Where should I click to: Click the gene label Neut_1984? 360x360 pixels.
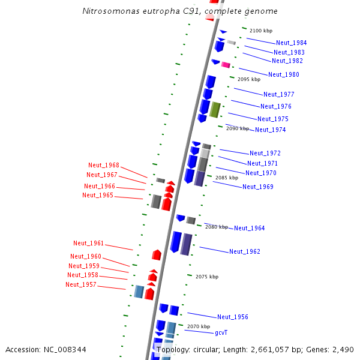coord(291,43)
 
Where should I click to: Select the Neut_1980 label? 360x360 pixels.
coord(283,74)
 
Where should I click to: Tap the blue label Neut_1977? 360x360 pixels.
coord(278,94)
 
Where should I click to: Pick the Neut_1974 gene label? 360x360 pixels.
coord(270,130)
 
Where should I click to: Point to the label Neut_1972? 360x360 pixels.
coord(265,153)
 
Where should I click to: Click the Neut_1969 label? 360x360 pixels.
coord(257,187)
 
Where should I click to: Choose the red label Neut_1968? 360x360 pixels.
coord(104,165)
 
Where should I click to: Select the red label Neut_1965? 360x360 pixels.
coord(98,195)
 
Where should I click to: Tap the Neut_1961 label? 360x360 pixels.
coord(89,243)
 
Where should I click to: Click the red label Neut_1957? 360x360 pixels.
coord(81,284)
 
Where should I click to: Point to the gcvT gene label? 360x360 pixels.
coord(221,332)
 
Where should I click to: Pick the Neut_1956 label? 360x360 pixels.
coord(232,317)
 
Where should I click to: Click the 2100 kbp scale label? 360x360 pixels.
coord(261,31)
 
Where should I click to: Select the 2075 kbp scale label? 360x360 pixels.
coord(207,277)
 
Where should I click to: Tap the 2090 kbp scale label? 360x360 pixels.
coord(237,128)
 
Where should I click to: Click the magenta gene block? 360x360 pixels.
coord(226,65)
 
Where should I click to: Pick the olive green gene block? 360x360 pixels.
coord(215,110)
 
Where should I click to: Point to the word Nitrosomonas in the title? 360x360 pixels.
coord(108,11)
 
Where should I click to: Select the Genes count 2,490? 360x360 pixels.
coord(343,349)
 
